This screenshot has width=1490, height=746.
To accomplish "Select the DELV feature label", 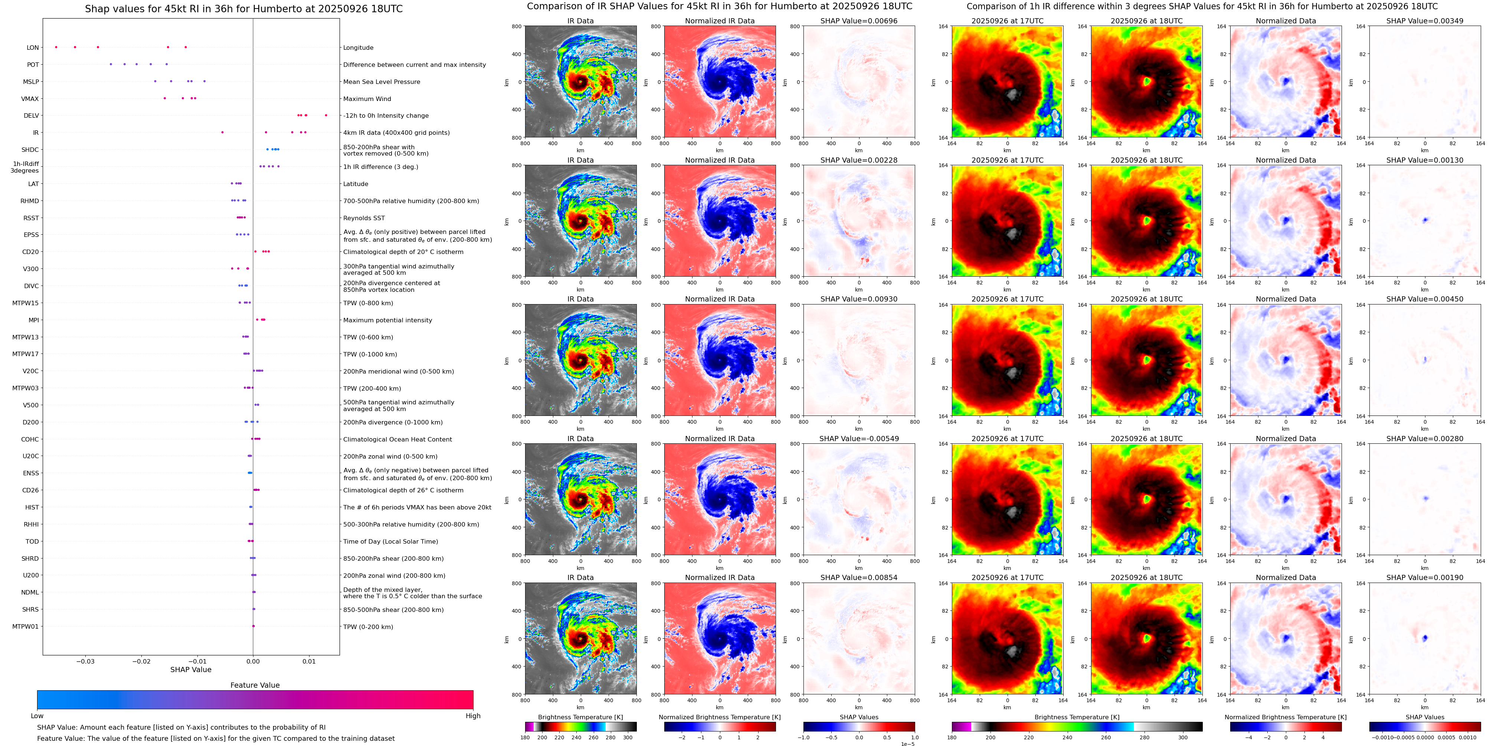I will (31, 116).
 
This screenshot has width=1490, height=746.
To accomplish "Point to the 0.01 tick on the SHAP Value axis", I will (309, 661).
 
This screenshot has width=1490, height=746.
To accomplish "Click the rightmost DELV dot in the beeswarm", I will (326, 115).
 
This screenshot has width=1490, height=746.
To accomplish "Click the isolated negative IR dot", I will (222, 133).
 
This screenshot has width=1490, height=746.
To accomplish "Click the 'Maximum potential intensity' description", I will (387, 320).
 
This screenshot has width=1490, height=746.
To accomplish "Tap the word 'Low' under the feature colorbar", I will (37, 716).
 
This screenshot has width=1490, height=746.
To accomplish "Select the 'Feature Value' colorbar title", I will (255, 685).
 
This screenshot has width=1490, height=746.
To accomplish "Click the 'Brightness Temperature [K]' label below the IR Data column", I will (580, 717).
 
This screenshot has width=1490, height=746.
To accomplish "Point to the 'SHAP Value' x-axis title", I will (190, 670).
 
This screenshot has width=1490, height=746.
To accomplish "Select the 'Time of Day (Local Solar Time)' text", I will (390, 542).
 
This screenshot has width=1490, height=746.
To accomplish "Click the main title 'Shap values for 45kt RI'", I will (243, 9).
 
